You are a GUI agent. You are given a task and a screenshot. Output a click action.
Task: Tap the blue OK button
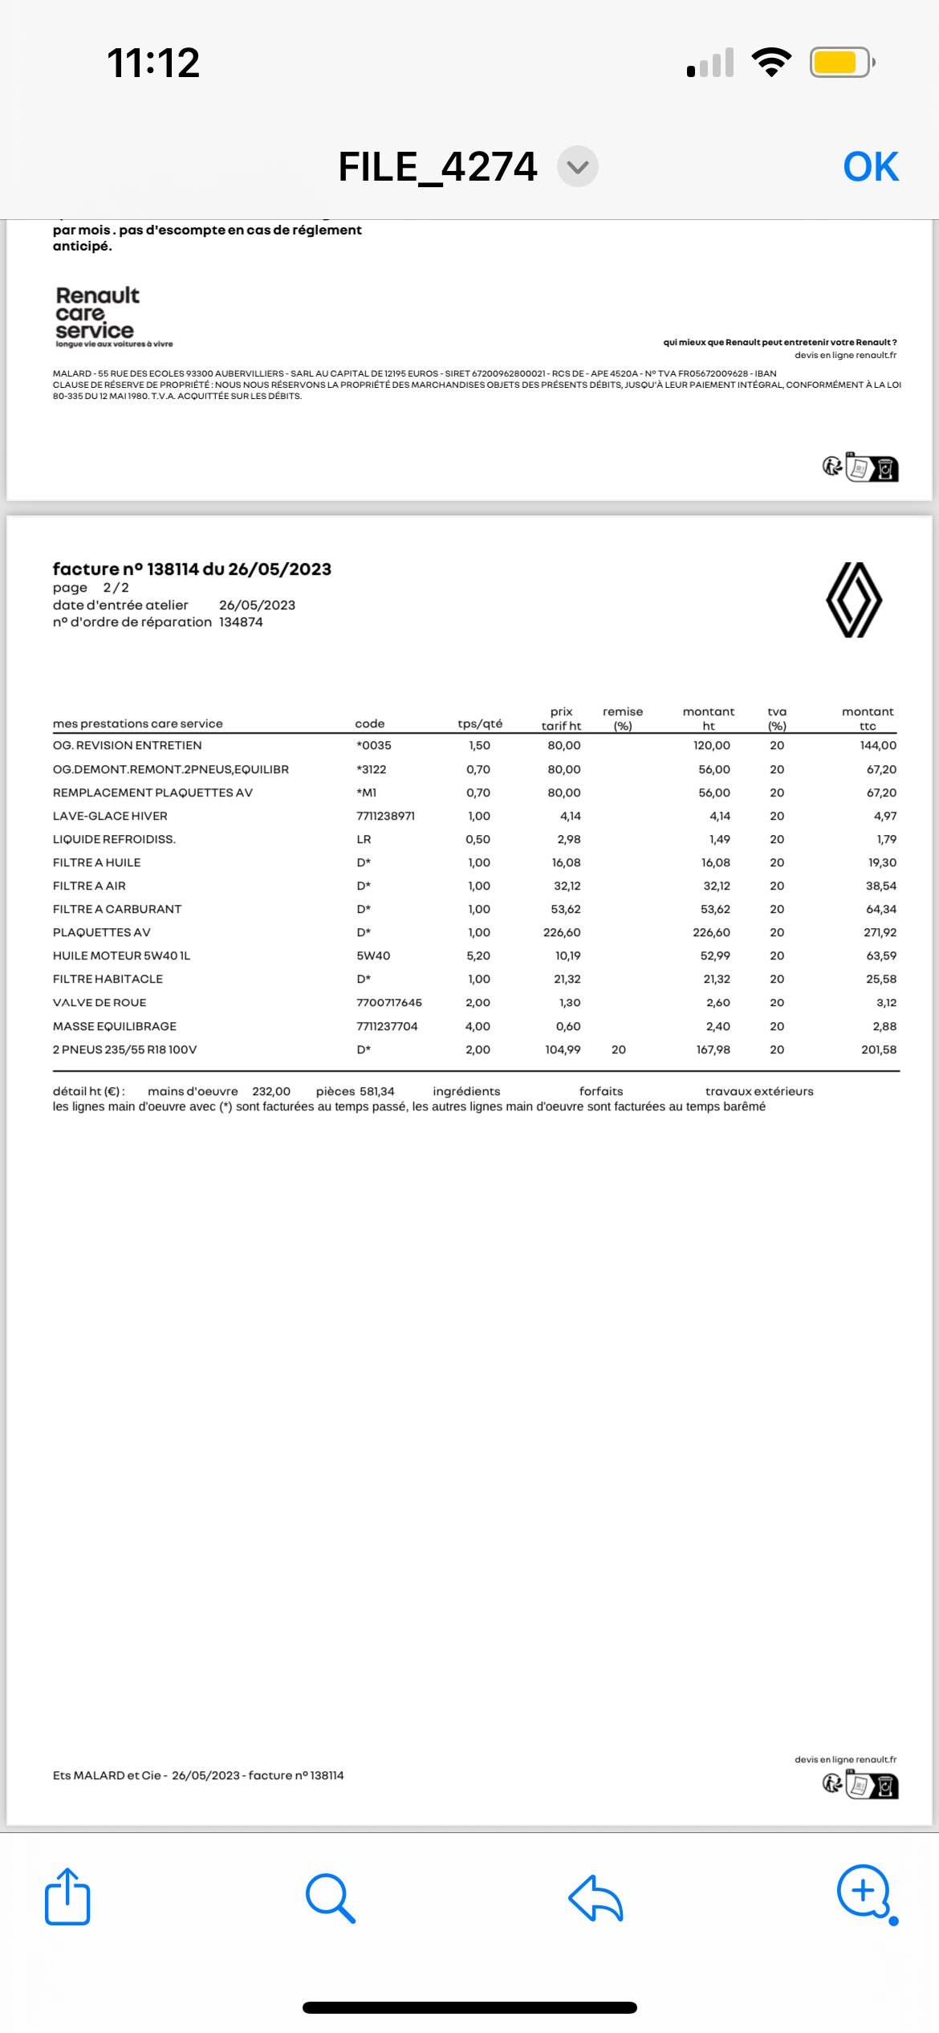(871, 167)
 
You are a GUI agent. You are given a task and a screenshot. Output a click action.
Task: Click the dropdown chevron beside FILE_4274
(578, 167)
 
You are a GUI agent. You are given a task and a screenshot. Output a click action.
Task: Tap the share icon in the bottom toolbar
(67, 1897)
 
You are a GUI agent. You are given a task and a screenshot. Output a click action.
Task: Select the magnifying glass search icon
(330, 1898)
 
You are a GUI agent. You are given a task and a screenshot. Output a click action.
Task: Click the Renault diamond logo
(854, 600)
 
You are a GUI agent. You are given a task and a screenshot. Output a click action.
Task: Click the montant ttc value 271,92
(880, 932)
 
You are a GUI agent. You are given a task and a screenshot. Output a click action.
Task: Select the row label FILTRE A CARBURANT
(117, 909)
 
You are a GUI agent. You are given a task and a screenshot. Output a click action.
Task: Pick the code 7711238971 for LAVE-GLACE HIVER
(386, 816)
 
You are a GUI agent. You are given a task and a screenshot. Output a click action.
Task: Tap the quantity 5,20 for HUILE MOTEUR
(478, 955)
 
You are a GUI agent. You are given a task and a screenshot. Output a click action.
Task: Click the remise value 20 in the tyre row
(619, 1049)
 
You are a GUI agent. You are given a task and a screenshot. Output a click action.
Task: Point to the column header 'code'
(370, 723)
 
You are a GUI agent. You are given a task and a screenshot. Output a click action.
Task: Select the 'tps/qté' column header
(480, 723)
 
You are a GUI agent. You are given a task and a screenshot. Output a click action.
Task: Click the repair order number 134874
(241, 622)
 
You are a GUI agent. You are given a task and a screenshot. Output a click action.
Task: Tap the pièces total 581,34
(377, 1091)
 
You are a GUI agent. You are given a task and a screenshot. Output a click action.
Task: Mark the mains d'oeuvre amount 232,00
(271, 1091)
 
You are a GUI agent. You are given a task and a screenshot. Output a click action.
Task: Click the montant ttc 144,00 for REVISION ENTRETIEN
(878, 745)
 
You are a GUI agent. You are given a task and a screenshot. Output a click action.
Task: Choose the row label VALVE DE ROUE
(100, 1002)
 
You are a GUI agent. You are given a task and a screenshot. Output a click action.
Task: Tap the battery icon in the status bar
(840, 63)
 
